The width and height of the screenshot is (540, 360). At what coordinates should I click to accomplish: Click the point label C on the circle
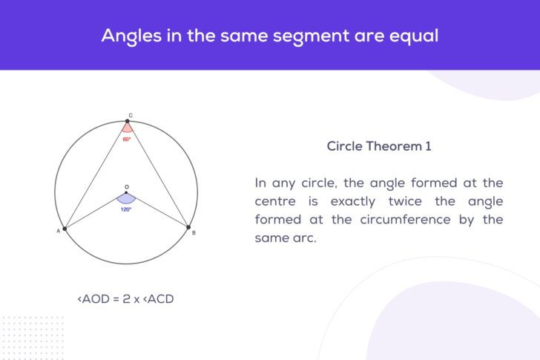pos(131,116)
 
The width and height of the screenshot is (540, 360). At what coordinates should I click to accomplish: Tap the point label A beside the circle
pos(58,232)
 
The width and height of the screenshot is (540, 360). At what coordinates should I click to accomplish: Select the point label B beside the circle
pos(194,233)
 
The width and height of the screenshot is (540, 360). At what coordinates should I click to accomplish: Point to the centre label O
pos(126,187)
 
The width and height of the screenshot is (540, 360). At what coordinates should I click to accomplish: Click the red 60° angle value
pos(127,139)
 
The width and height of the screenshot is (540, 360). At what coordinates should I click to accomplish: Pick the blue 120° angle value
pos(126,209)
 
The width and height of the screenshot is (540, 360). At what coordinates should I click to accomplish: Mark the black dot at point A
pos(65,229)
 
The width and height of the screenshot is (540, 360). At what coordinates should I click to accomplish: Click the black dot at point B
pos(188,228)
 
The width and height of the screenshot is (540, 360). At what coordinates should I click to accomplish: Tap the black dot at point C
pos(127,121)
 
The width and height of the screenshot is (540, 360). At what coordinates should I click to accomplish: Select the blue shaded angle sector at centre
pos(126,198)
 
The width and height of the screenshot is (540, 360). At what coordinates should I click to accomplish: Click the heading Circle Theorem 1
pos(378,146)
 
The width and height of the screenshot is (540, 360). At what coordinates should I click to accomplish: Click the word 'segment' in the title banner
pos(297,35)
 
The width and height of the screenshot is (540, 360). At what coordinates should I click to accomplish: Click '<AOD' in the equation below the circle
pos(93,299)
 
